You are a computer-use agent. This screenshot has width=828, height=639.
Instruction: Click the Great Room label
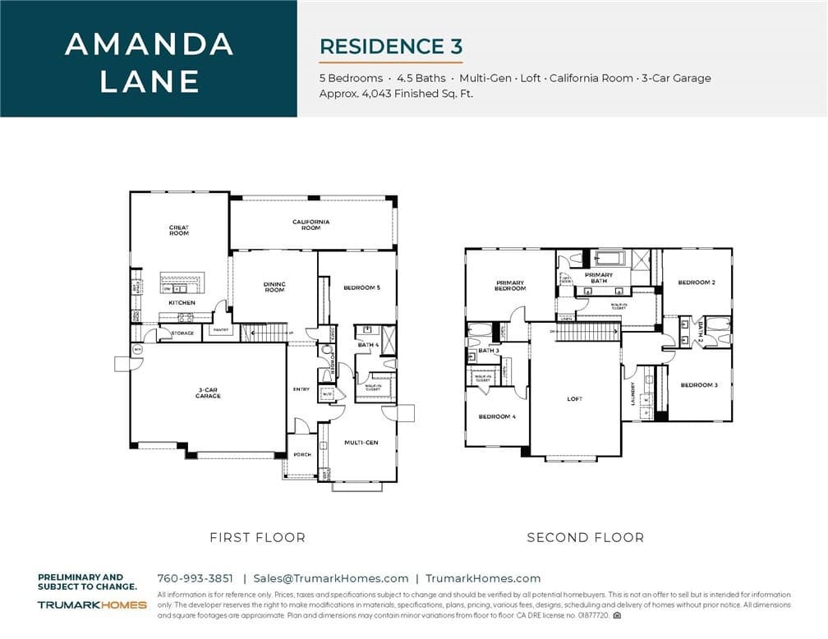click(179, 231)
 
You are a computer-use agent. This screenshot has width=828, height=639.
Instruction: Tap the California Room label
click(311, 224)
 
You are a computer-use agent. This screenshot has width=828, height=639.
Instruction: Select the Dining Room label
click(274, 287)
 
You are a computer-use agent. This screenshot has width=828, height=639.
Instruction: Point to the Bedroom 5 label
click(362, 287)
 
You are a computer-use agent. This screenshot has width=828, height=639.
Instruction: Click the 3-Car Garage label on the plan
click(208, 393)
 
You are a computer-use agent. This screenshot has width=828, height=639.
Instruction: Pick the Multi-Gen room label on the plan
click(361, 443)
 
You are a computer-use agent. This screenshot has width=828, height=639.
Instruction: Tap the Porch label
click(302, 454)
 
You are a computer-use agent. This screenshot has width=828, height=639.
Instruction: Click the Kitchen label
click(182, 303)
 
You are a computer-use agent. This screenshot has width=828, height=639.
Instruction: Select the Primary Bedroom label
click(510, 286)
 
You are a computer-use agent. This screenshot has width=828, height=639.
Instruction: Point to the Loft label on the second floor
click(574, 399)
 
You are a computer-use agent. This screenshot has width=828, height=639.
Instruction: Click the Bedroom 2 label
click(697, 283)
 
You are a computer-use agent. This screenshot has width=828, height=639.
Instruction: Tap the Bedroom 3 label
click(699, 385)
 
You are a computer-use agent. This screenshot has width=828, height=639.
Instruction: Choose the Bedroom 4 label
click(497, 416)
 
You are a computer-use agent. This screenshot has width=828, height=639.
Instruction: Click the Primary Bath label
click(599, 278)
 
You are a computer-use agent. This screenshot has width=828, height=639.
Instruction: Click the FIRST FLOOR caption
click(257, 538)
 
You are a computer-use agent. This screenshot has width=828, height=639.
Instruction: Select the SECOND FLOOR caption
click(586, 538)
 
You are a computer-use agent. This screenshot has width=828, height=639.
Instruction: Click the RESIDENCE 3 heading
click(391, 46)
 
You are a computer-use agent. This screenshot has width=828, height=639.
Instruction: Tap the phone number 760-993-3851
click(195, 578)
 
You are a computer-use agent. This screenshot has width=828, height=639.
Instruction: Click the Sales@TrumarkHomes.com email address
click(330, 578)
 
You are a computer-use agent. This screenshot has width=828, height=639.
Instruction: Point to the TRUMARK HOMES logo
click(92, 605)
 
